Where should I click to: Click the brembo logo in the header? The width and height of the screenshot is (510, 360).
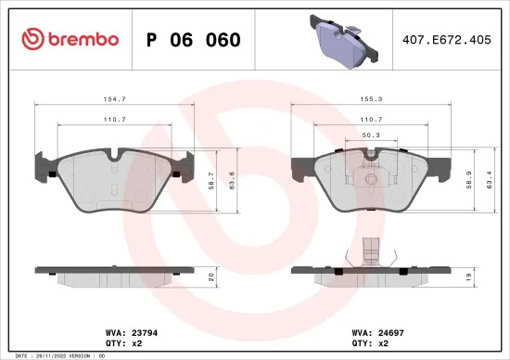[x=70, y=39]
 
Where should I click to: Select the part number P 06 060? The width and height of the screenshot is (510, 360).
[x=194, y=40]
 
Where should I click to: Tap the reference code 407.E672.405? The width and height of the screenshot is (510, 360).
[x=446, y=40]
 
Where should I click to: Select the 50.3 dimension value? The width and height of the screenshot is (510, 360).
[x=369, y=135]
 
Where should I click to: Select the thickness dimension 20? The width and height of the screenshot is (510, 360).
[x=210, y=276]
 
